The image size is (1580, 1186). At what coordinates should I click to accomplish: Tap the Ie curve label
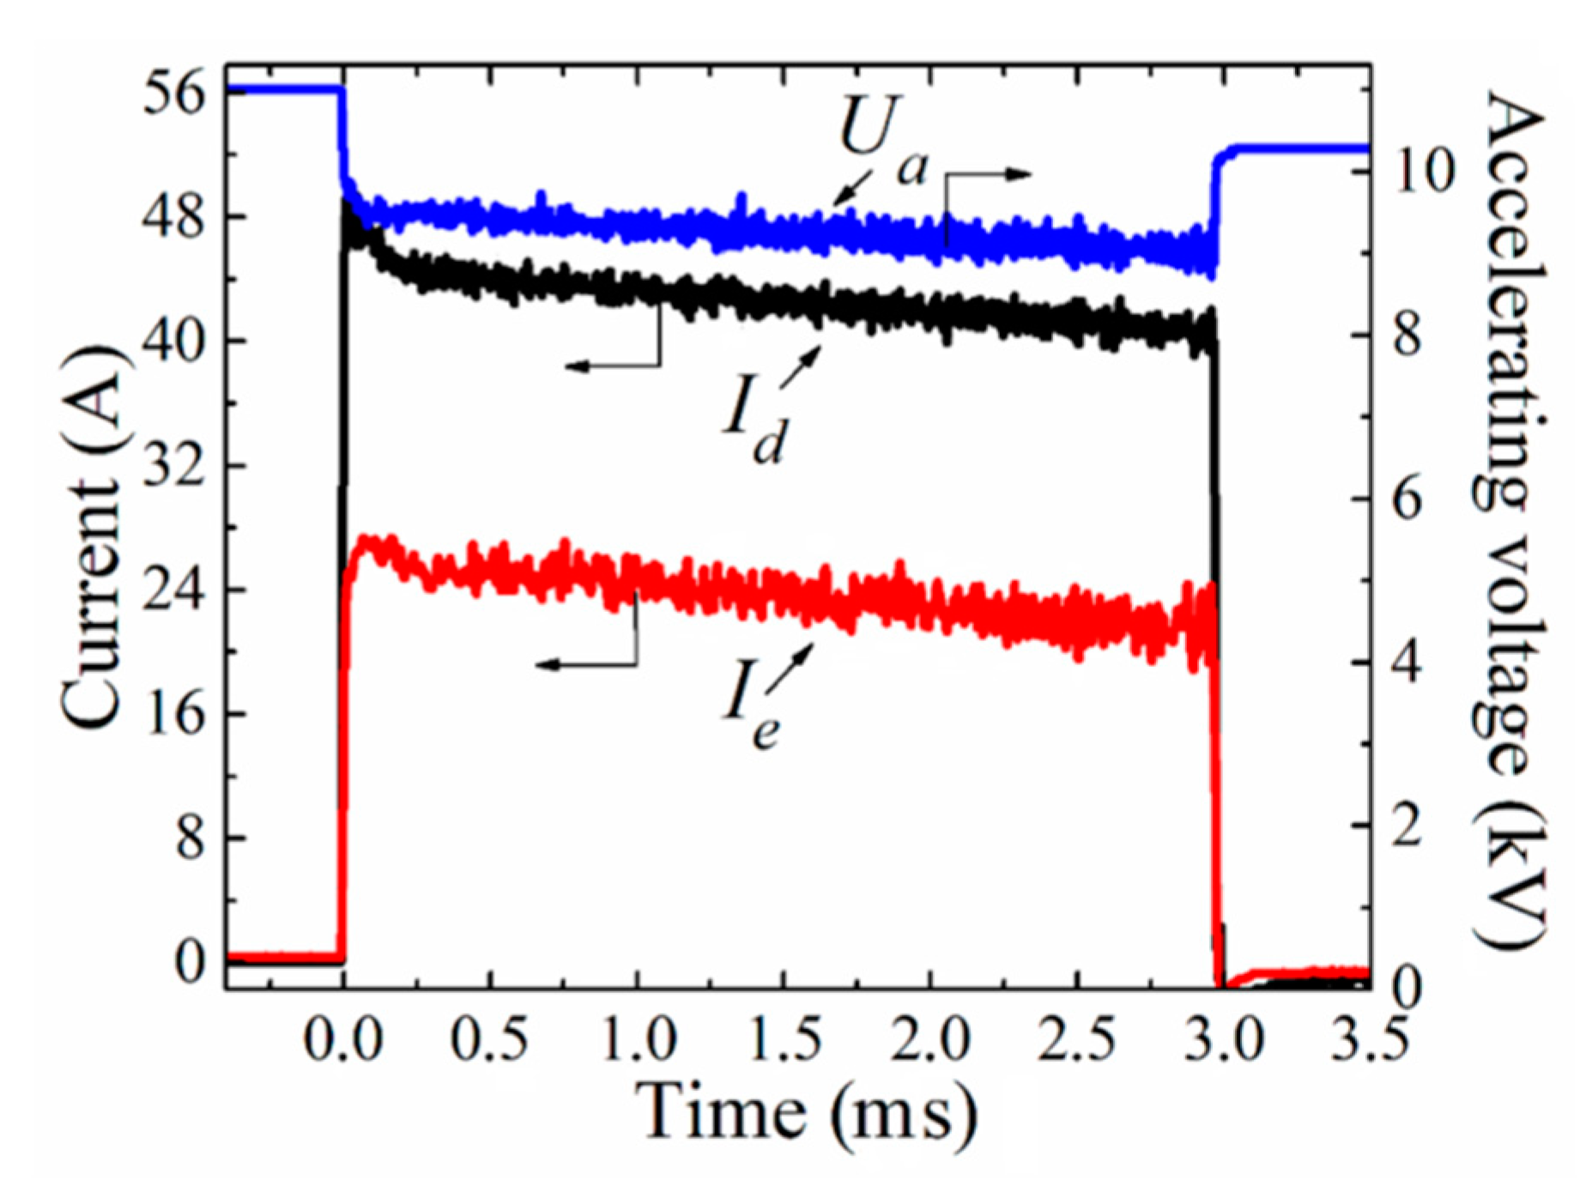pyautogui.click(x=752, y=707)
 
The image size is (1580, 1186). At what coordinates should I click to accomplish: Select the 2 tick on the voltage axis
pyautogui.click(x=1408, y=827)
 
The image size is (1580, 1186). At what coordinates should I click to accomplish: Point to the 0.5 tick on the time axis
pyautogui.click(x=490, y=1038)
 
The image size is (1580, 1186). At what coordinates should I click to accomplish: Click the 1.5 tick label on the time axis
pyautogui.click(x=784, y=1038)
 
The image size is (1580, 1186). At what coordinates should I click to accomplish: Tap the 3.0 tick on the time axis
pyautogui.click(x=1224, y=1038)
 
